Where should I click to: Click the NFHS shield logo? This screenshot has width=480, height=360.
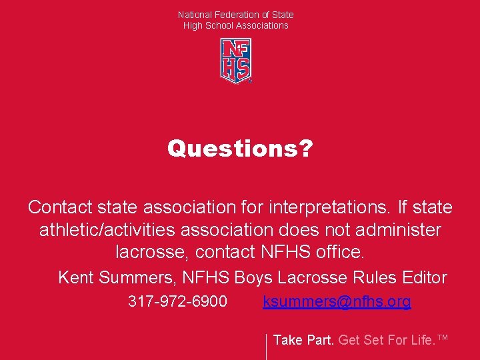[x=236, y=60]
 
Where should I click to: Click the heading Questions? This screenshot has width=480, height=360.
[x=239, y=148]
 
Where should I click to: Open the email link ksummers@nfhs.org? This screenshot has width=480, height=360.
[x=337, y=301]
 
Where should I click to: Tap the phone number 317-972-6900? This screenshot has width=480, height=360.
[x=177, y=301]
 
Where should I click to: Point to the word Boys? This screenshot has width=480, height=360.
[x=253, y=277]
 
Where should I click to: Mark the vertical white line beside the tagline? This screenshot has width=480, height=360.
[x=266, y=346]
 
